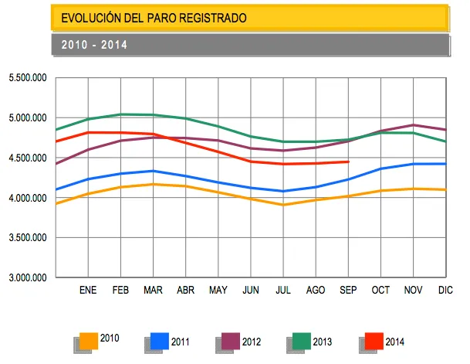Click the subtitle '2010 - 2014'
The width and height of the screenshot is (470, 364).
[94, 45]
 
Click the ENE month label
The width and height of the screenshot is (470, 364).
[88, 291]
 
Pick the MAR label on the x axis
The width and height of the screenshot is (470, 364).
[154, 291]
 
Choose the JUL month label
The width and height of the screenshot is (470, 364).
[283, 291]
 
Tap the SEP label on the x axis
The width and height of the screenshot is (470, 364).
[348, 291]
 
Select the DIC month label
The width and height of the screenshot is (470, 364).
[445, 291]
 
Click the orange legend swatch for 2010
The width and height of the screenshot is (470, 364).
[89, 341]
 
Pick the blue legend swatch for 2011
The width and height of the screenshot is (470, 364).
[159, 341]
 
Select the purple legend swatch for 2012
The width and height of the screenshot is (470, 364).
[231, 341]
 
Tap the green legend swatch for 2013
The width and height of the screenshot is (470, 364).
[301, 341]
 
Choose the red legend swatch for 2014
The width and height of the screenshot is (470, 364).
[374, 341]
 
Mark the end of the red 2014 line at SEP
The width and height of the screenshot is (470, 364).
[349, 162]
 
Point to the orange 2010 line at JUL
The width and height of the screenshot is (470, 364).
[283, 205]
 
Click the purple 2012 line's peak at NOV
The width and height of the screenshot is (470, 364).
[414, 124]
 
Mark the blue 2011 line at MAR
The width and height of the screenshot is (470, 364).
[154, 171]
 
